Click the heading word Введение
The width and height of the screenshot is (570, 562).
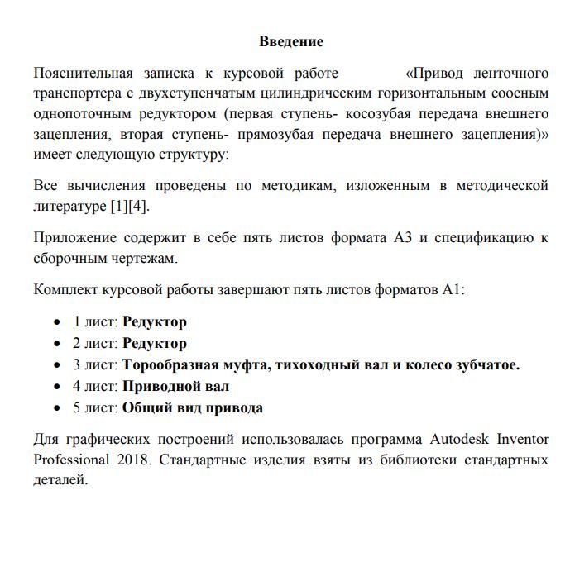[291, 40]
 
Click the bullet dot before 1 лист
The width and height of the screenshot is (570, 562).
[57, 322]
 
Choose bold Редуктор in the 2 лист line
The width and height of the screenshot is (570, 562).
[155, 343]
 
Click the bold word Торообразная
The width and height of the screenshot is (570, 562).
[171, 364]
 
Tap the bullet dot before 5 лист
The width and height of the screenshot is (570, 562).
[57, 408]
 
